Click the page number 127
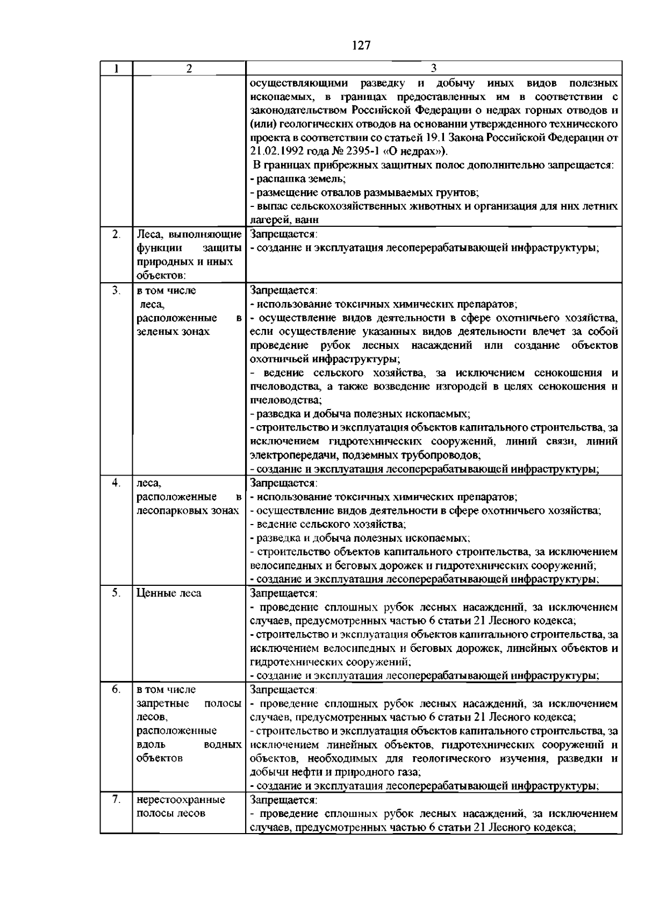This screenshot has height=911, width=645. coord(361,46)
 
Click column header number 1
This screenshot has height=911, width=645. coord(116,69)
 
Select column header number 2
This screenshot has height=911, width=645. coord(189,69)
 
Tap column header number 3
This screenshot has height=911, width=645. coord(433,69)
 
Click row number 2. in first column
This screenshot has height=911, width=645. coord(116,234)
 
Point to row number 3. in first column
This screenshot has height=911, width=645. coord(116,290)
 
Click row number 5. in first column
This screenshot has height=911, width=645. coord(116,592)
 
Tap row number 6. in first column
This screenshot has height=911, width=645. coord(116,689)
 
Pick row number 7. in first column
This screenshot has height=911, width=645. coord(116,799)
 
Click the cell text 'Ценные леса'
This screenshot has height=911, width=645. coord(169,593)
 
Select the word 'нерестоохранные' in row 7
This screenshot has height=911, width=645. coord(181,800)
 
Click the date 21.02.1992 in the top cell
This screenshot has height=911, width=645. coord(274,151)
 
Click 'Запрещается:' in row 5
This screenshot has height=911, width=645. coord(284,593)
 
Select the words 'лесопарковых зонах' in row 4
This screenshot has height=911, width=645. coord(188,510)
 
